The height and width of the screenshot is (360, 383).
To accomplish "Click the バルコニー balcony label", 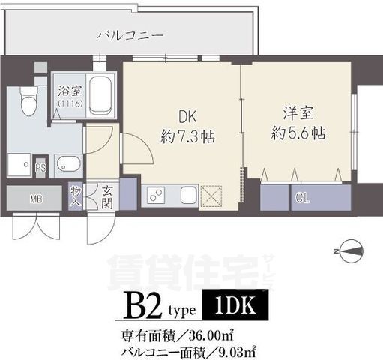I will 131,34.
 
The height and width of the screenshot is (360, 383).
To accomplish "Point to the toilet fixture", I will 28,100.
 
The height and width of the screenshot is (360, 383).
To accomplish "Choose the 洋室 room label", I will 297,114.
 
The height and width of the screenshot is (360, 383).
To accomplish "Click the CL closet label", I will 301,199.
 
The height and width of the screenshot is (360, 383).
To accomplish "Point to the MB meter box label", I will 35,199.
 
